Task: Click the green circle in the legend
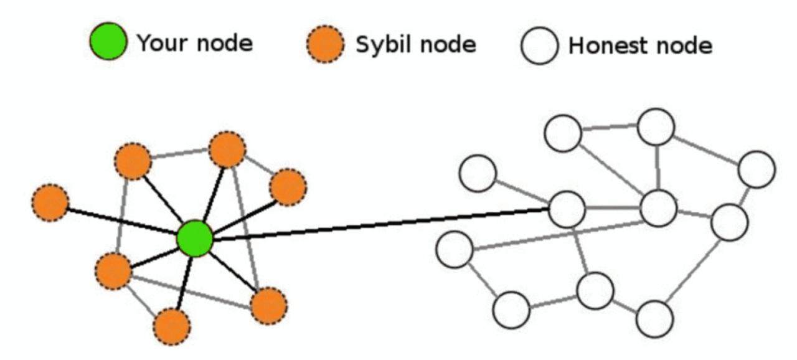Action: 109,42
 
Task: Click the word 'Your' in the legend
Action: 159,44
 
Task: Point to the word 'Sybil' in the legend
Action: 380,45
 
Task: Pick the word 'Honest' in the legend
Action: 605,46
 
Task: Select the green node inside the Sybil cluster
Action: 195,239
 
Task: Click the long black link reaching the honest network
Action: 380,224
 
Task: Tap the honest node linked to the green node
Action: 567,209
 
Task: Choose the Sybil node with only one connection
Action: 50,202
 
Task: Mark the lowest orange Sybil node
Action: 172,326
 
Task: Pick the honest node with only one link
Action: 478,173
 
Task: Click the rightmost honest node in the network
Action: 757,169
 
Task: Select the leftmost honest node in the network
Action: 455,249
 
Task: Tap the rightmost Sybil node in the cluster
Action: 288,187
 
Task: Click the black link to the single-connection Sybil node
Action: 121,220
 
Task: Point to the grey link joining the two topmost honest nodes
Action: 610,129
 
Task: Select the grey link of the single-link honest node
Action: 522,191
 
